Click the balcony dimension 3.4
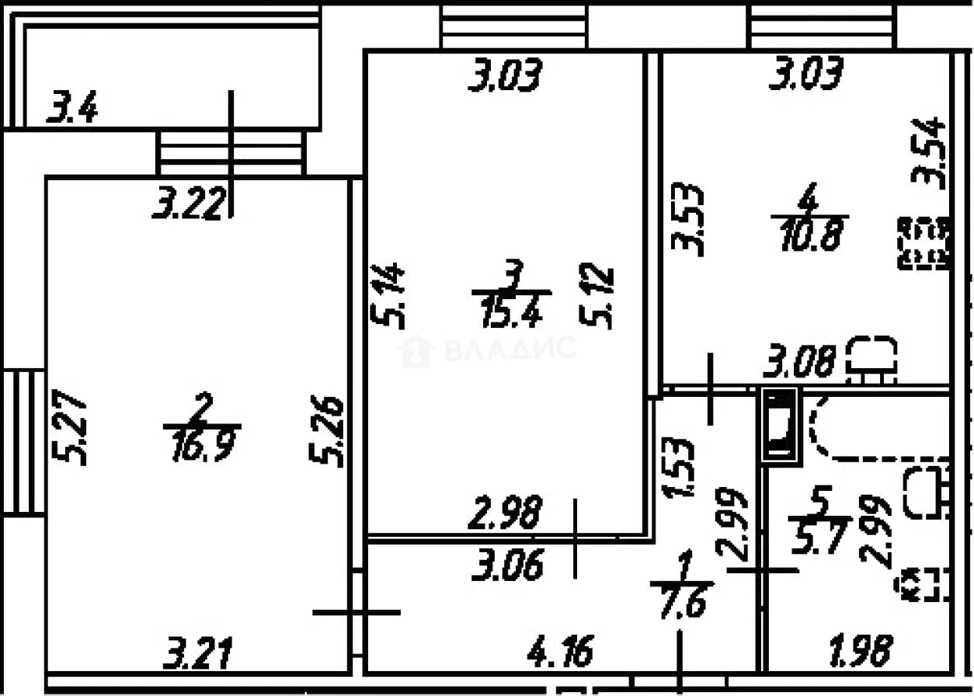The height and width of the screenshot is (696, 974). click(x=72, y=107)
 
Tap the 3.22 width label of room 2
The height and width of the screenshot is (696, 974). click(x=189, y=203)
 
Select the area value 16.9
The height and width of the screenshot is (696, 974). click(x=203, y=446)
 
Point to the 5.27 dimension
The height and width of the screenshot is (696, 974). click(x=68, y=428)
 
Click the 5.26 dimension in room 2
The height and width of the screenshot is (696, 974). click(x=326, y=431)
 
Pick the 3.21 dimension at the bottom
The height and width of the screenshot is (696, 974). click(x=198, y=653)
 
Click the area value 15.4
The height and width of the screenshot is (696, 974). click(x=512, y=311)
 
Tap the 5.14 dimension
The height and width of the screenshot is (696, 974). click(x=388, y=296)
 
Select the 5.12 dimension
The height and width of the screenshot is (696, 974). click(x=597, y=296)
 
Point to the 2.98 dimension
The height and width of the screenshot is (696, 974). click(x=506, y=512)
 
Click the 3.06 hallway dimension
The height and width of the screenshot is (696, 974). click(x=507, y=565)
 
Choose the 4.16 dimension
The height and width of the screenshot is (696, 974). click(x=561, y=651)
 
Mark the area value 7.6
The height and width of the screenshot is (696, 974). click(x=683, y=602)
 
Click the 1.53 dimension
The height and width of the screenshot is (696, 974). click(x=678, y=467)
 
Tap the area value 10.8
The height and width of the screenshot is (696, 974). click(x=812, y=235)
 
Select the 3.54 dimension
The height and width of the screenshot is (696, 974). click(x=929, y=154)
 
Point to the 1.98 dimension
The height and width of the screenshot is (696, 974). click(x=861, y=651)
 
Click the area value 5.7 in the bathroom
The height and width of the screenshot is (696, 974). click(x=819, y=538)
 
